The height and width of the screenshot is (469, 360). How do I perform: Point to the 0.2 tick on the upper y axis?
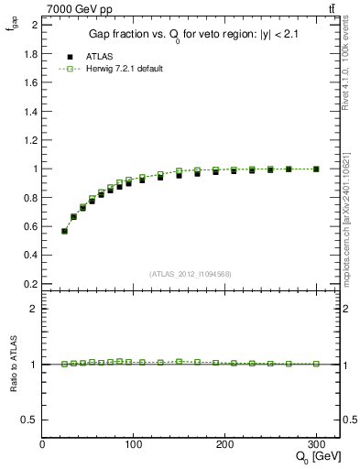31,284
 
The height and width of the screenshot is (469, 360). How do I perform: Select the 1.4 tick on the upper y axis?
31,112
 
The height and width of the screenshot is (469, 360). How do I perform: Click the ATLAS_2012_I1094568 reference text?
191,273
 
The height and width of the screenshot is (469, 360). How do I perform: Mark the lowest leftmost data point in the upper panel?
64,231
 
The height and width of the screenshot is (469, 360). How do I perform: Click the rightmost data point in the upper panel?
316,169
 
